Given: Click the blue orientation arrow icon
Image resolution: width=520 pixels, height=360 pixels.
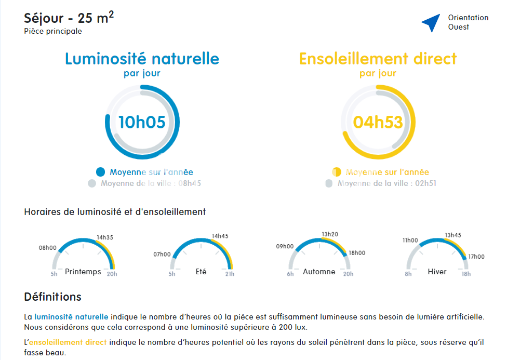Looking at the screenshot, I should tap(431, 22).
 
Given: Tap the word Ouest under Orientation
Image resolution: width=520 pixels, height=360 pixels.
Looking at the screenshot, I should tap(459, 27).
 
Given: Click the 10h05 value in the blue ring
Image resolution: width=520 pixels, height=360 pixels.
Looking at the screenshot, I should tap(142, 122).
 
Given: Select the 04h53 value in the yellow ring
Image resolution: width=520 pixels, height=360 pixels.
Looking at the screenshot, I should tap(378, 122).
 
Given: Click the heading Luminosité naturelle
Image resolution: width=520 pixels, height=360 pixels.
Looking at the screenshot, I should tap(142, 59).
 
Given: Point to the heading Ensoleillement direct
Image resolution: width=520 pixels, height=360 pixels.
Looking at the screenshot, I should tap(378, 59).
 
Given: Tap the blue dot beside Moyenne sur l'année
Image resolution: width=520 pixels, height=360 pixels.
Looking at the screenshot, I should tap(101, 172).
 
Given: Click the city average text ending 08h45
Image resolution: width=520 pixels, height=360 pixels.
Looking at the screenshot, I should tap(151, 183).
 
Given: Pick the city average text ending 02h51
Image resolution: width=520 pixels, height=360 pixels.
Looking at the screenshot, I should tap(387, 183).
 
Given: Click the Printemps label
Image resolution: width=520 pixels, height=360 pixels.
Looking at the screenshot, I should tap(83, 272).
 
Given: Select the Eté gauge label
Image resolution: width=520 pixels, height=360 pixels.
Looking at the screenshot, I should tap(201, 272).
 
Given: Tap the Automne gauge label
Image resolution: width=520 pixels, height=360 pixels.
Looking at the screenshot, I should tap(319, 272).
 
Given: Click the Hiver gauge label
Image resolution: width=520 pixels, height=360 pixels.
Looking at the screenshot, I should tap(437, 272).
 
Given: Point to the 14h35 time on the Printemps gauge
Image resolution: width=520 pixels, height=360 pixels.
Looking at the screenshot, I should tap(104, 237).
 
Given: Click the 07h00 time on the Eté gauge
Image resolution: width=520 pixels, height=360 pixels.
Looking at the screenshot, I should tap(162, 255).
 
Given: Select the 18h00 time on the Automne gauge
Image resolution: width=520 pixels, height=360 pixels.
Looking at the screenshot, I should tap(357, 253).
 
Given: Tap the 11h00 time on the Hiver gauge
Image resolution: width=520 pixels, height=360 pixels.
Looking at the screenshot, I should tap(410, 241).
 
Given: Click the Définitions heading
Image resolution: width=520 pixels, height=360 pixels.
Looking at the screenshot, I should tap(52, 297).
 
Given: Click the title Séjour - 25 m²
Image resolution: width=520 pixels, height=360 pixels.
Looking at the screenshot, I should tap(69, 18).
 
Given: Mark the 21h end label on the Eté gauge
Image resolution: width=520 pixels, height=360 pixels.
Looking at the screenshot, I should tap(230, 274).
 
